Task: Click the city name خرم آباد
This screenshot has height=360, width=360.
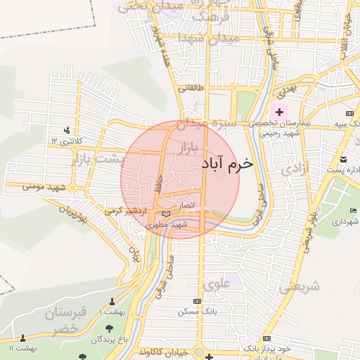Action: pyautogui.click(x=226, y=163)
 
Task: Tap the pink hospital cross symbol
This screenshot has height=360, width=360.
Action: pyautogui.click(x=280, y=112)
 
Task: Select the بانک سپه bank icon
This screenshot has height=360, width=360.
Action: pyautogui.click(x=349, y=114)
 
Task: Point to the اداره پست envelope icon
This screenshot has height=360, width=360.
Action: pyautogui.click(x=343, y=160)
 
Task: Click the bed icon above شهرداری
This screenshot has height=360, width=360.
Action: pyautogui.click(x=353, y=212)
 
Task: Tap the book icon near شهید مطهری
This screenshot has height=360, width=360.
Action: pyautogui.click(x=166, y=213)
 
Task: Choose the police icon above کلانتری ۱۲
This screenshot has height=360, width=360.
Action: pyautogui.click(x=67, y=130)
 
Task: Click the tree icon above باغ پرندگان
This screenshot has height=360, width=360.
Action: pyautogui.click(x=108, y=328)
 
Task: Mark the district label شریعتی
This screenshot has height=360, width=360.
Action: pyautogui.click(x=299, y=287)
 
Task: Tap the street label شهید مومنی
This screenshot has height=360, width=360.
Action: pyautogui.click(x=44, y=187)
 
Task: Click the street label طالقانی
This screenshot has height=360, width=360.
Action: pyautogui.click(x=192, y=89)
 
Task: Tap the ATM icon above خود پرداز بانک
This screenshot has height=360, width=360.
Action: pyautogui.click(x=265, y=338)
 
